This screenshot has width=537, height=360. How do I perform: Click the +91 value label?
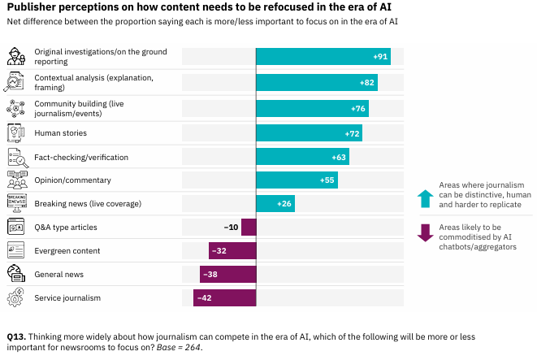[x=379, y=57]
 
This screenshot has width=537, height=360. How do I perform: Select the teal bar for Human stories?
[x=309, y=133]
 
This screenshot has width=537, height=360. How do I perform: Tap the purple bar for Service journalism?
[x=224, y=298]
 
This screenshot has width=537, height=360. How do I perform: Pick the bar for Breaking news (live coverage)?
[x=275, y=204]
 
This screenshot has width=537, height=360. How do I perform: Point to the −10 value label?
[x=231, y=228]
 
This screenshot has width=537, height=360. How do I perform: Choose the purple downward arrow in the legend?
[x=424, y=232]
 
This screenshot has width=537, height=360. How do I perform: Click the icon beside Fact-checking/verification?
[x=16, y=157]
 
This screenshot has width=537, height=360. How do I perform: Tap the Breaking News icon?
[x=16, y=203]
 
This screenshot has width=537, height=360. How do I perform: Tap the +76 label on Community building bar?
[x=358, y=109]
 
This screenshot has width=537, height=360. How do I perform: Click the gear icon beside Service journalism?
[x=16, y=298]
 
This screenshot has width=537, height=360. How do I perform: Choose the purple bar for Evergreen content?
[x=232, y=251]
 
